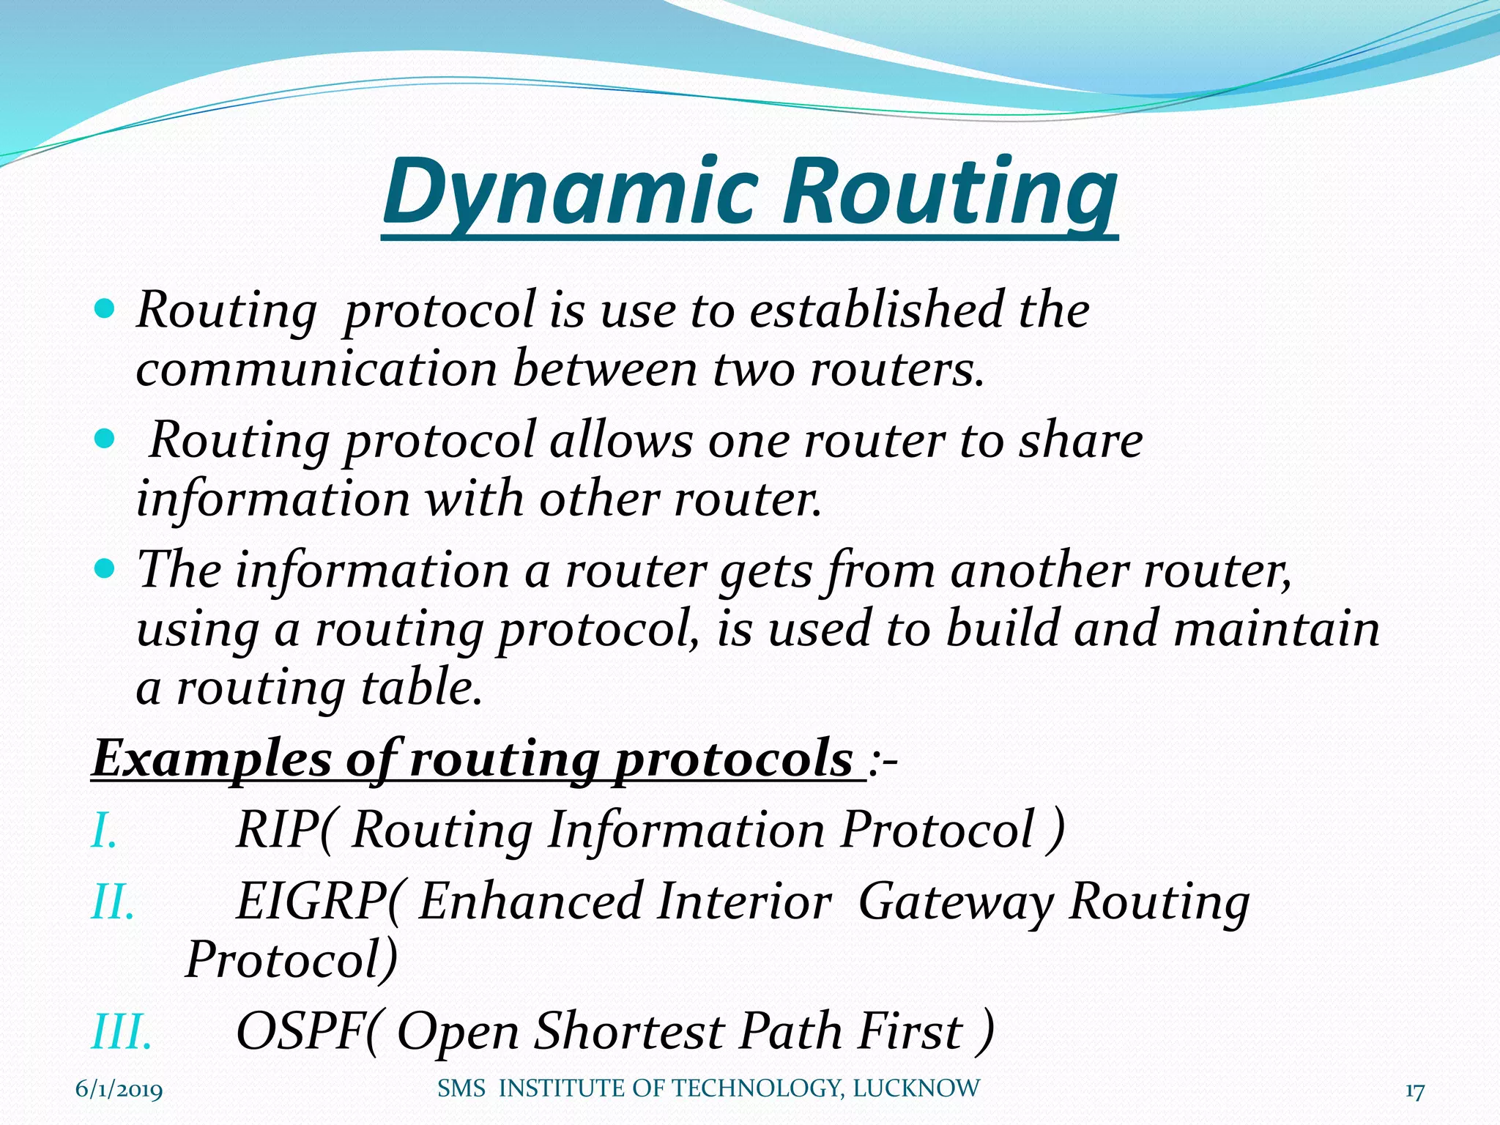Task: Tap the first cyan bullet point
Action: [105, 308]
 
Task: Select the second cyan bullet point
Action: [105, 439]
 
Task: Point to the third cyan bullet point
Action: [105, 568]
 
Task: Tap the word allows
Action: [621, 441]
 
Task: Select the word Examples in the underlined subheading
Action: [212, 760]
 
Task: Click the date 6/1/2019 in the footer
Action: [119, 1091]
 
